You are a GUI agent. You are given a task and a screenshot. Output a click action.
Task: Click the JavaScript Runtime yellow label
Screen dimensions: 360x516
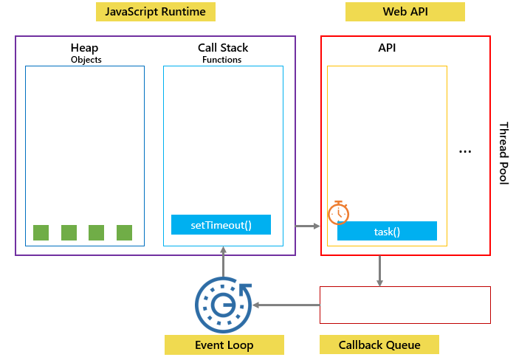pyautogui.click(x=156, y=12)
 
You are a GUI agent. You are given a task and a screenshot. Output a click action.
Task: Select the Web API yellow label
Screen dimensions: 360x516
pyautogui.click(x=405, y=12)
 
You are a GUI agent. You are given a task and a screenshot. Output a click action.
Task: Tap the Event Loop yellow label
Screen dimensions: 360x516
pyautogui.click(x=224, y=345)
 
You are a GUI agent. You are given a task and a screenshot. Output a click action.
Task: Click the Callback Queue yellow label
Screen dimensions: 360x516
pyautogui.click(x=379, y=345)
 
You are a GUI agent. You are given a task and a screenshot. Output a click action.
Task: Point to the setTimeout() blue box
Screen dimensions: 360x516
pyautogui.click(x=221, y=225)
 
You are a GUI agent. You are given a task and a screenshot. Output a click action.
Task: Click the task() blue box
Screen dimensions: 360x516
pyautogui.click(x=387, y=231)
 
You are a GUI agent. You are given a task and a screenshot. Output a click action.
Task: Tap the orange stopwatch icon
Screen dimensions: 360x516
pyautogui.click(x=338, y=212)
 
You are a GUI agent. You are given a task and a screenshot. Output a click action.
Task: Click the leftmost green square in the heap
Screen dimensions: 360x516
pyautogui.click(x=41, y=232)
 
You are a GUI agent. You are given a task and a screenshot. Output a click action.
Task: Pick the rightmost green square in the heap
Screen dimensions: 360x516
pyautogui.click(x=124, y=232)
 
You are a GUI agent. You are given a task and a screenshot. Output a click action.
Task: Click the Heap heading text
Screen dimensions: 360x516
pyautogui.click(x=84, y=48)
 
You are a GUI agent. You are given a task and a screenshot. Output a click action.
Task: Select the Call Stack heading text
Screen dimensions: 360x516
pyautogui.click(x=222, y=48)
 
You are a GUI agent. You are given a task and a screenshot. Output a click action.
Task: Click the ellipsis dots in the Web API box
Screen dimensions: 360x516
pyautogui.click(x=465, y=151)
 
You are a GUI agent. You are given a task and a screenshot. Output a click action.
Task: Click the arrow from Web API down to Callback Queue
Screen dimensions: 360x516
pyautogui.click(x=379, y=271)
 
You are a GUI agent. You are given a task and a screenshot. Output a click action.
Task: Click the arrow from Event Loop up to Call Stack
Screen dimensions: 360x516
pyautogui.click(x=223, y=263)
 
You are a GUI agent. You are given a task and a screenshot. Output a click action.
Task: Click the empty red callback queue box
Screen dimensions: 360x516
pyautogui.click(x=405, y=305)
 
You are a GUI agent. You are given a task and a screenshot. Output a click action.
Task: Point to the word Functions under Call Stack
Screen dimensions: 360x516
pyautogui.click(x=221, y=60)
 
